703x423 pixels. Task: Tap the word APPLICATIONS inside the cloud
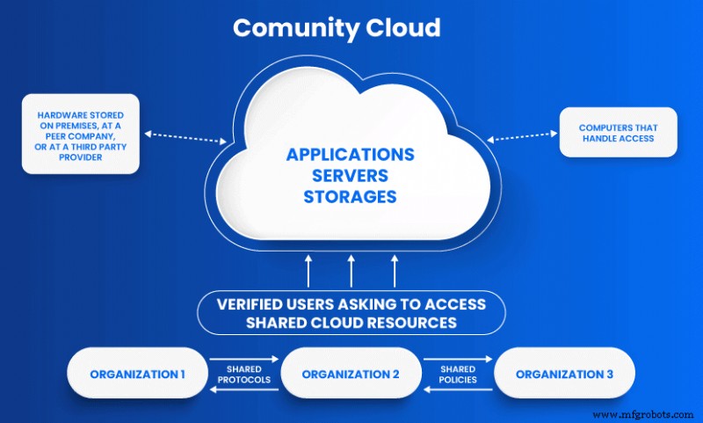coord(350,155)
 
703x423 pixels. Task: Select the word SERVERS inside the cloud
coord(350,175)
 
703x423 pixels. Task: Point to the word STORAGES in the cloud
coord(350,196)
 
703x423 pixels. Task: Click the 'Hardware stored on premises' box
coord(81,134)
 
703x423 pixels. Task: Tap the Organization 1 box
coord(137,374)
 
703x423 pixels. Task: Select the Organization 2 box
coord(351,374)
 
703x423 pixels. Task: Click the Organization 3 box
coord(564,374)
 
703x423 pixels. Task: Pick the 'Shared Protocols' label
coord(244,375)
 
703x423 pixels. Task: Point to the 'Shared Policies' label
coord(457,375)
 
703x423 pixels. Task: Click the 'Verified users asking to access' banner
coord(351,312)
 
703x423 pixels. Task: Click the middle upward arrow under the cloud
coord(351,269)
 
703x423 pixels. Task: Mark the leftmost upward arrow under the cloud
coord(308,269)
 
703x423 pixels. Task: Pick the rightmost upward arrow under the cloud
coord(394,269)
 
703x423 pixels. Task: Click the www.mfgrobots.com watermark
coord(646,411)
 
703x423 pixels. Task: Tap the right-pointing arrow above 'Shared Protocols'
coord(244,358)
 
